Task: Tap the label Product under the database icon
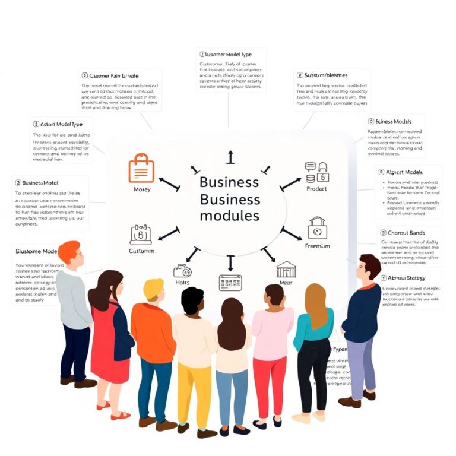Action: click(x=316, y=189)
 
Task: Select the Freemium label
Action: click(x=317, y=246)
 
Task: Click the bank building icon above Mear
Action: click(x=286, y=269)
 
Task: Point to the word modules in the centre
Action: click(x=229, y=215)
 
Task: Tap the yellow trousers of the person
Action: click(x=193, y=392)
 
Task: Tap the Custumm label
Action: click(x=141, y=251)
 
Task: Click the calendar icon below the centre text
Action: click(x=230, y=282)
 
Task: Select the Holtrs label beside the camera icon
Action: click(x=183, y=283)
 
